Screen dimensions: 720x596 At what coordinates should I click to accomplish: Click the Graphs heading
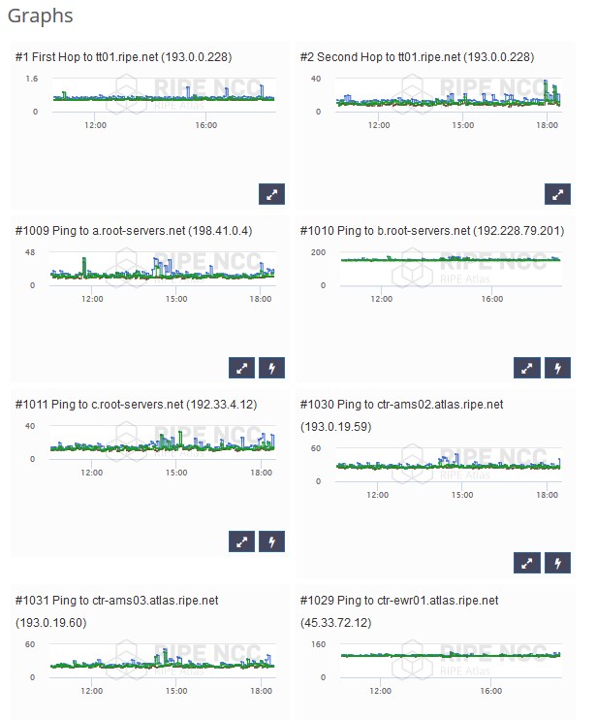pos(41,16)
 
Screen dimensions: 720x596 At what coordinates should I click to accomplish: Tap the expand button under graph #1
pos(271,193)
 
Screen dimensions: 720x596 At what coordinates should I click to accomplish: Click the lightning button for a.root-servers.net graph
pos(271,368)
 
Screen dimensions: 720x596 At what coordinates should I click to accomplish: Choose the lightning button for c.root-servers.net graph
pos(271,541)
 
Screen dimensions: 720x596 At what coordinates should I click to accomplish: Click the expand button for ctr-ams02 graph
pos(526,562)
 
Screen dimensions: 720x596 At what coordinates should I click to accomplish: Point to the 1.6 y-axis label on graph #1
pos(31,79)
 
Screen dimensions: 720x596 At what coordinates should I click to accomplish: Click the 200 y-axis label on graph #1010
pos(318,252)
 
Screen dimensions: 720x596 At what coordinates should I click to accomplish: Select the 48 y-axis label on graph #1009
pos(30,252)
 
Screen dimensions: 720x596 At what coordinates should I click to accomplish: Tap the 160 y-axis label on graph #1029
pos(318,643)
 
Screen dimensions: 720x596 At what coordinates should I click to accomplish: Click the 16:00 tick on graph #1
pos(205,125)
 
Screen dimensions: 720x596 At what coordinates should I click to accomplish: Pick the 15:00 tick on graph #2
pos(463,125)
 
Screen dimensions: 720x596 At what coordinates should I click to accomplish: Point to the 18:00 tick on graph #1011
pos(260,473)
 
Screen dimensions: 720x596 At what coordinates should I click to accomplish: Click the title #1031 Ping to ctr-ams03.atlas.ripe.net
pos(117,601)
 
